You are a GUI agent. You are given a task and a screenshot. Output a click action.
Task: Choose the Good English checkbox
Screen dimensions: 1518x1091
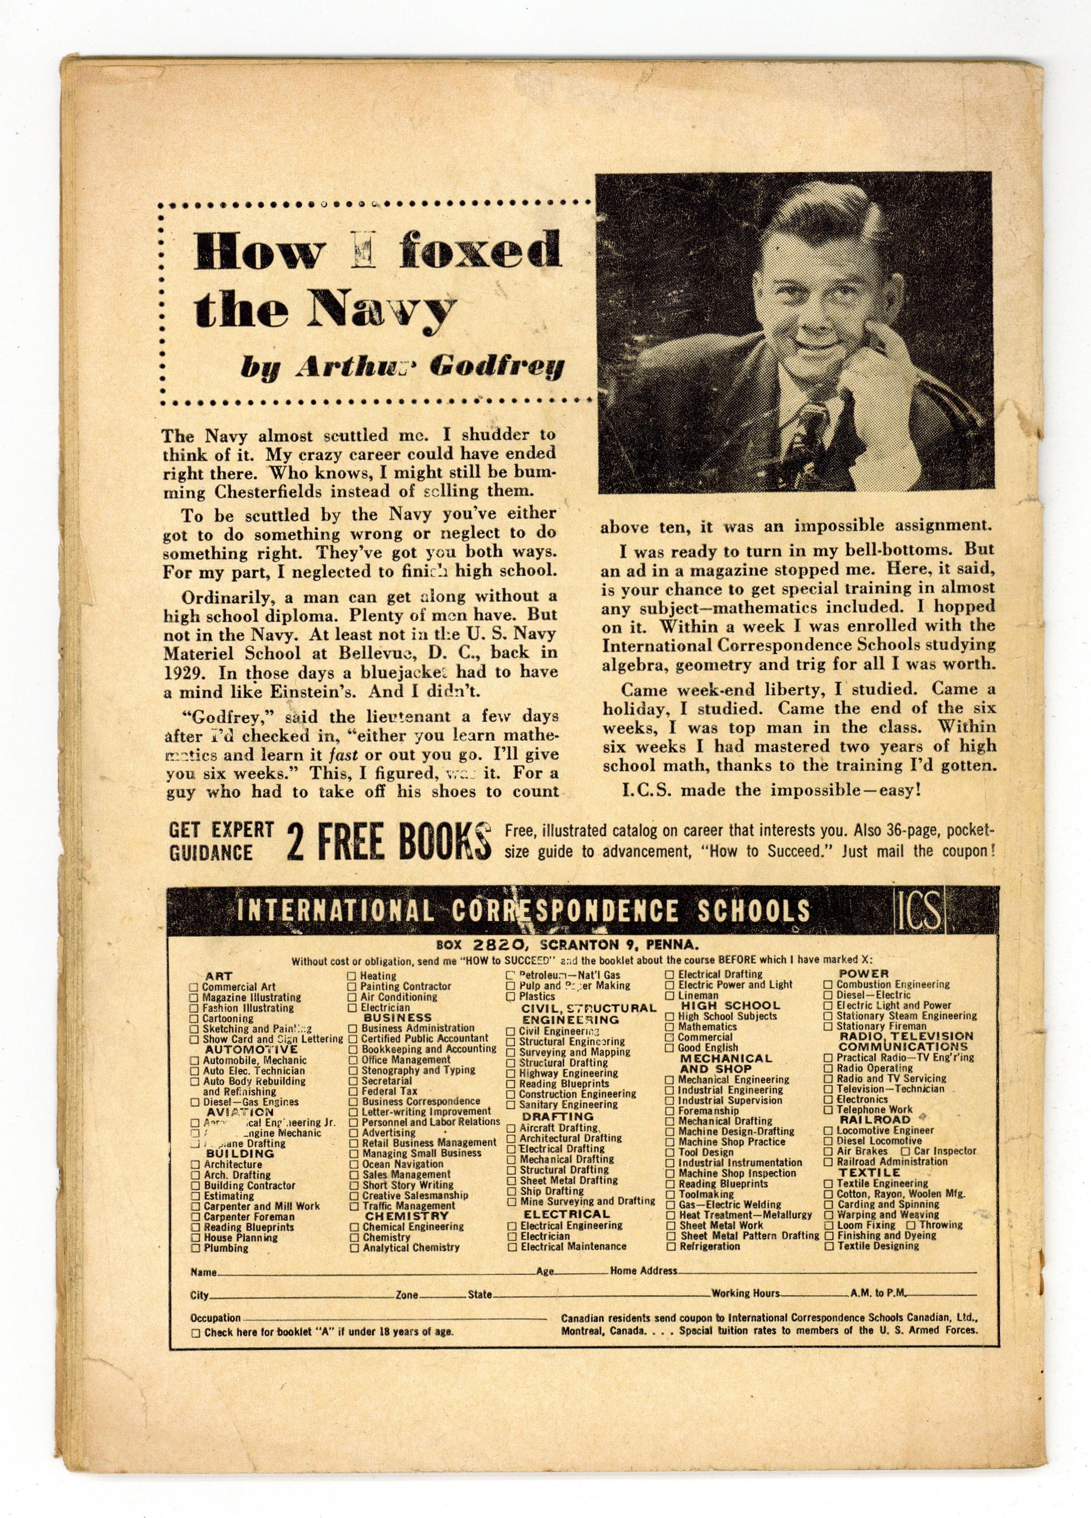(670, 1048)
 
